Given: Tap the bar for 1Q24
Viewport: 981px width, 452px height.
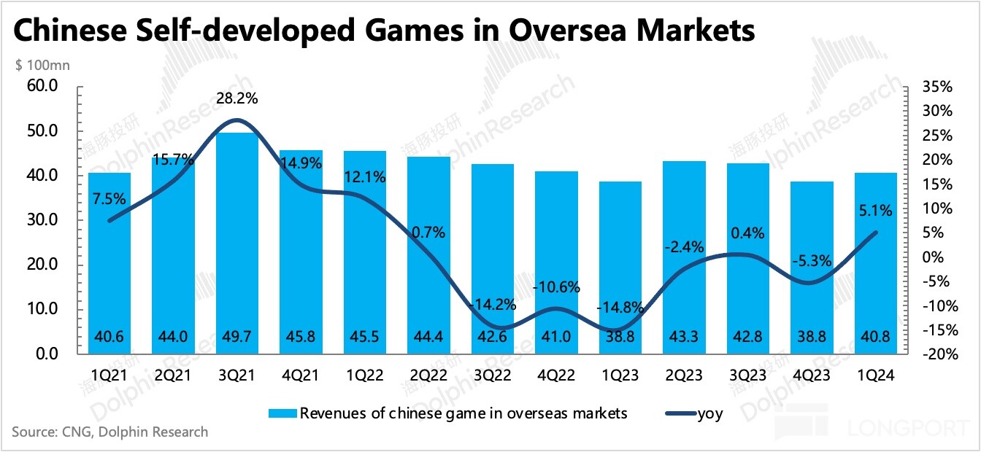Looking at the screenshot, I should click(876, 263).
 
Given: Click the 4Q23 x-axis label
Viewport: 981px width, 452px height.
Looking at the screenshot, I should click(812, 375).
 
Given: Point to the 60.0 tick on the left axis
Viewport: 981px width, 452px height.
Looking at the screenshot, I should click(42, 87).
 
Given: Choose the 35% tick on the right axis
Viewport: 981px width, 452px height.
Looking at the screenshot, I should click(938, 87).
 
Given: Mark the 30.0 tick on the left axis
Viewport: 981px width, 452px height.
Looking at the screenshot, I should click(42, 220).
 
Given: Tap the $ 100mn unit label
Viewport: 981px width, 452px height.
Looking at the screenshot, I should click(42, 66).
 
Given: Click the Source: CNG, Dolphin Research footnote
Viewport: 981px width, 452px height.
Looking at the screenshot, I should click(109, 432).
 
